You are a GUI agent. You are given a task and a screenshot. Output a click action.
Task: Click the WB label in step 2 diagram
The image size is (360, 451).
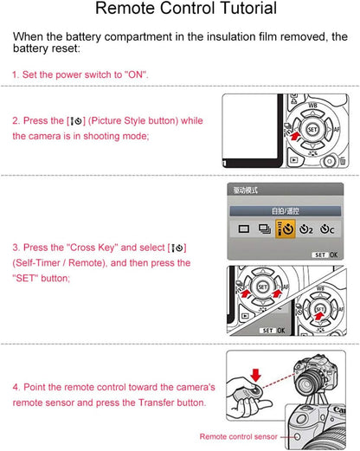point(312,106)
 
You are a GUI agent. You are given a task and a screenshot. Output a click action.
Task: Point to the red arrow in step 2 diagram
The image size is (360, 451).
point(294,136)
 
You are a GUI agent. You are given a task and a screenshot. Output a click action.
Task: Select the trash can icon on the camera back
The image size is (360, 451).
point(342,161)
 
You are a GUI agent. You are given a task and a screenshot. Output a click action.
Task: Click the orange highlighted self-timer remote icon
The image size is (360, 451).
point(286,229)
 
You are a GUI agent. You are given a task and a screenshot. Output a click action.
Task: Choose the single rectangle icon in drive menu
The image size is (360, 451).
point(244,229)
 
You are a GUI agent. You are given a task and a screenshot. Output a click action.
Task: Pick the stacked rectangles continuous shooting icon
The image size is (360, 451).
point(265,229)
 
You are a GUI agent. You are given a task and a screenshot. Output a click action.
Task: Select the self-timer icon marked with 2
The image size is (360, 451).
point(305,229)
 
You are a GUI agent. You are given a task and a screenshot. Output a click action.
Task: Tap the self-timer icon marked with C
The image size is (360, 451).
point(327,229)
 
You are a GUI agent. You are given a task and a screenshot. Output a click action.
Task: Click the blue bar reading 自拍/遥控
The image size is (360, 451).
point(285,211)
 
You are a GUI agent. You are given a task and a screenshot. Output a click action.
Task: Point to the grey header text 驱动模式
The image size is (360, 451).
point(245,190)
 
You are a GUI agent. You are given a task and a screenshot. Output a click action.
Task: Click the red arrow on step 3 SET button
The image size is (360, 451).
point(318,316)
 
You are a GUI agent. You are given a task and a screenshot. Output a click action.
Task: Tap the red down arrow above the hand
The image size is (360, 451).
point(256,374)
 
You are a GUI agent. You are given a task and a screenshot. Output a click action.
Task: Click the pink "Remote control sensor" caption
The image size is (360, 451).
point(239,436)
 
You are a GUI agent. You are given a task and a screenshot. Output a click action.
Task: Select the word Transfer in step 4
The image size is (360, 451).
point(157,403)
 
